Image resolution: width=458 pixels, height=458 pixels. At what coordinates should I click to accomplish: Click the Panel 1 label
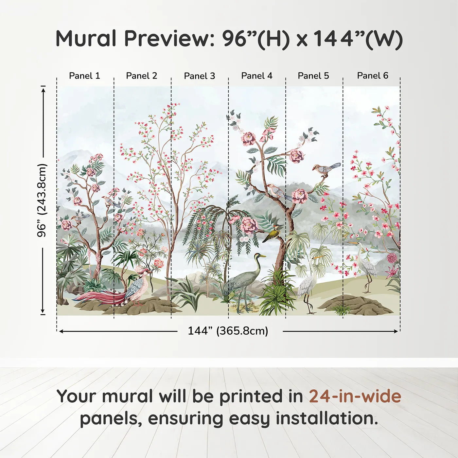point(84,76)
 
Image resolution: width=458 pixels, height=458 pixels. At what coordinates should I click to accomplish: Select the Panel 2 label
point(141,76)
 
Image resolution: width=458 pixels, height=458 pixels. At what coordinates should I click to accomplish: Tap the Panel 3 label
point(200,76)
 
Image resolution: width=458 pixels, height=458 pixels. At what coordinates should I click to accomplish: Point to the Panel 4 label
point(257,76)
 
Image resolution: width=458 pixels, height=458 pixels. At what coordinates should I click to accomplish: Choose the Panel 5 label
point(313,76)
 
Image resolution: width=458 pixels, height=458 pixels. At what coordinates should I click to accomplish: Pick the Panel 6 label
point(372,76)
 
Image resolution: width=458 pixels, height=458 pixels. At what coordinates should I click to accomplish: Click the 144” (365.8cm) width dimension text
point(228,331)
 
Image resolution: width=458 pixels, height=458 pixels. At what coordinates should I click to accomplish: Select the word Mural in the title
point(86,39)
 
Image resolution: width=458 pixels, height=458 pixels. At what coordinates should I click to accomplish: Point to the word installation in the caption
point(326,419)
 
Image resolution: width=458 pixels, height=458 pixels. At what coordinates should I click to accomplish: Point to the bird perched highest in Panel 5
point(326,169)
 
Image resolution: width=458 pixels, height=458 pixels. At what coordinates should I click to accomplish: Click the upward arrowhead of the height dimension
point(43,90)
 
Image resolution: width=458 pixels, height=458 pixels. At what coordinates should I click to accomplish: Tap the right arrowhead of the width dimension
point(396,331)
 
